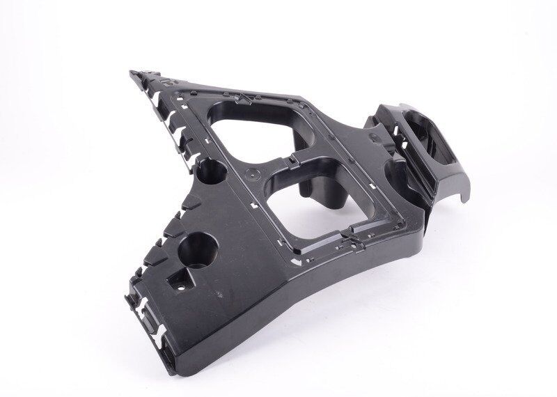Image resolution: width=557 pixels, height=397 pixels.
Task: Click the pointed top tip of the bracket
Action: click(x=133, y=72)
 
